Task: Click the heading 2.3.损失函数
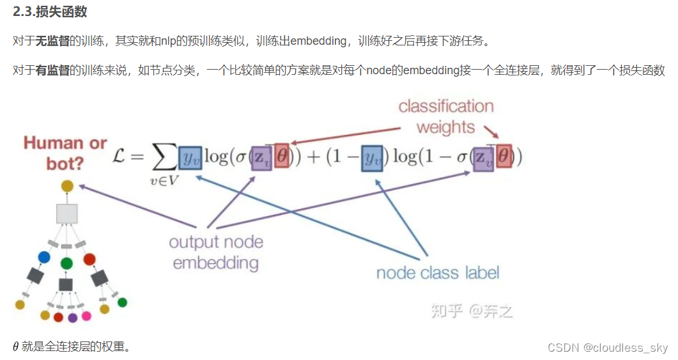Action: coord(50,12)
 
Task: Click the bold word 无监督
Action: coord(52,41)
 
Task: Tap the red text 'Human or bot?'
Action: coord(65,153)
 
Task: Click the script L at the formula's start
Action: coord(121,157)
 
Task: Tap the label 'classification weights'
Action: coord(445,116)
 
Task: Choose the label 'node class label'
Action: coord(438,273)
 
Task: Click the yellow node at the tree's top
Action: coord(67,187)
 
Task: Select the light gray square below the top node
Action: coord(67,214)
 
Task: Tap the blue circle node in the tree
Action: coord(43,257)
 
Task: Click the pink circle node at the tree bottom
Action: coord(86,316)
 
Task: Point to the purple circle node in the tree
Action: coord(72,317)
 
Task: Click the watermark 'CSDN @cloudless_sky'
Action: coord(607,348)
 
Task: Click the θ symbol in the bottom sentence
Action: coord(16,347)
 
